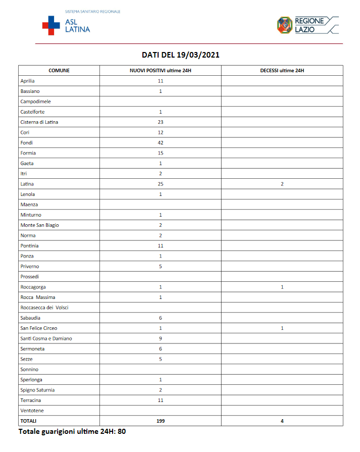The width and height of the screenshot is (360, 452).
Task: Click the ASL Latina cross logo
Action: pyautogui.click(x=50, y=25)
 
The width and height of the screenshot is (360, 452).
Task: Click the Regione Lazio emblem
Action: pyautogui.click(x=285, y=25)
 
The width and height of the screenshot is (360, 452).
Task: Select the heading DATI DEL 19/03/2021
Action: pyautogui.click(x=180, y=55)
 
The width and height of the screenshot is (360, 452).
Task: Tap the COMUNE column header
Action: pyautogui.click(x=59, y=71)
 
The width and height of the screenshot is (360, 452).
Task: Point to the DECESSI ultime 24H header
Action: pyautogui.click(x=282, y=71)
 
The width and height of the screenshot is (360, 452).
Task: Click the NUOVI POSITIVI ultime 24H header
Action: pyautogui.click(x=161, y=71)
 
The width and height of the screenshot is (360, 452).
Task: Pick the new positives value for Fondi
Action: pyautogui.click(x=161, y=142)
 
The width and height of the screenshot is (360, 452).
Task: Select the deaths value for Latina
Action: pyautogui.click(x=282, y=184)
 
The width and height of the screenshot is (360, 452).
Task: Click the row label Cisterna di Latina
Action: pyautogui.click(x=39, y=122)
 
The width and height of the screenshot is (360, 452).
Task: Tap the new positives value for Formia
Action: pyautogui.click(x=161, y=153)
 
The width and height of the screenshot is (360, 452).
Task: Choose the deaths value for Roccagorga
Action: pyautogui.click(x=282, y=287)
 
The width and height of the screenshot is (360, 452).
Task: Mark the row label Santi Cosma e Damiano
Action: pyautogui.click(x=46, y=338)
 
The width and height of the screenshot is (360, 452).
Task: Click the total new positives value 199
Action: pyautogui.click(x=161, y=421)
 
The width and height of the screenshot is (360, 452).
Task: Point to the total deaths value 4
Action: pyautogui.click(x=282, y=421)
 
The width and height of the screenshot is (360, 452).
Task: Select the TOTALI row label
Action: pyautogui.click(x=28, y=421)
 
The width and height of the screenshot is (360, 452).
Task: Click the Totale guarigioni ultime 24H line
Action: pyautogui.click(x=72, y=432)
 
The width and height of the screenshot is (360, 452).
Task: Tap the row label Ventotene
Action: pyautogui.click(x=32, y=410)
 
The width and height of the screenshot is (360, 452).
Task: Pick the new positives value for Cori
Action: pyautogui.click(x=161, y=132)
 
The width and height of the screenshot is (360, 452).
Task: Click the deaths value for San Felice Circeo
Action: pyautogui.click(x=282, y=328)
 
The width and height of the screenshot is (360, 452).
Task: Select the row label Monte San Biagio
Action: pyautogui.click(x=39, y=225)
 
